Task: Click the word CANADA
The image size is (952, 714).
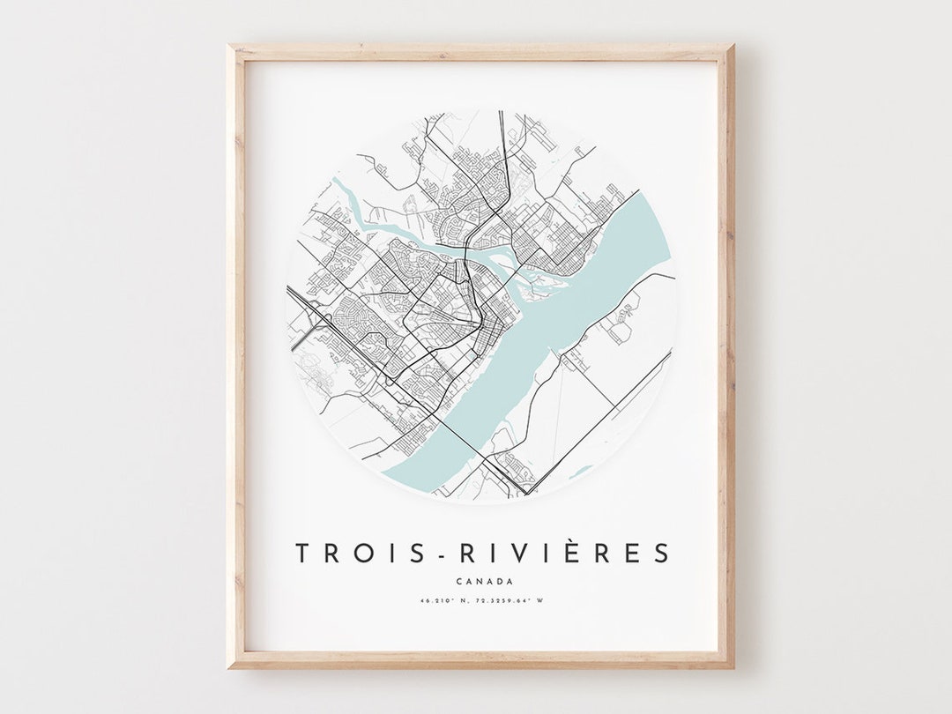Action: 485,581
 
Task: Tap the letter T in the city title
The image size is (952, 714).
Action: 302,554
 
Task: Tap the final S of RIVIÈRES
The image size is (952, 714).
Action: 661,554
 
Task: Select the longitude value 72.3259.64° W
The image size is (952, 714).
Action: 512,602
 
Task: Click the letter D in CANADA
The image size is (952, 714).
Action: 500,581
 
